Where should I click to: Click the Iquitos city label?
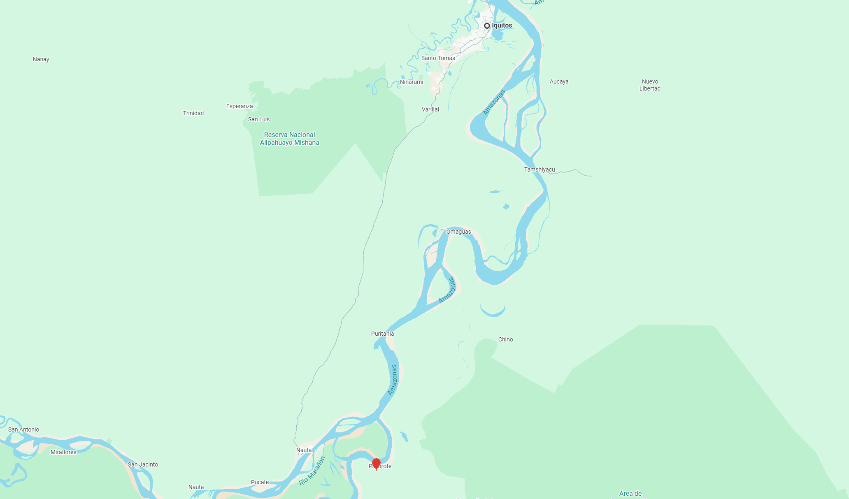pyautogui.click(x=502, y=26)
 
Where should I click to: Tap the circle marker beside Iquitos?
pyautogui.click(x=487, y=26)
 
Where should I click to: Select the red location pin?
pyautogui.click(x=376, y=464)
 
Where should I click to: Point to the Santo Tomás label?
pyautogui.click(x=438, y=58)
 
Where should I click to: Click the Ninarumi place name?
pyautogui.click(x=412, y=82)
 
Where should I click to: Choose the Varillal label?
pyautogui.click(x=430, y=109)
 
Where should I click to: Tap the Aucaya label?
pyautogui.click(x=559, y=81)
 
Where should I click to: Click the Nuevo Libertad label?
pyautogui.click(x=650, y=85)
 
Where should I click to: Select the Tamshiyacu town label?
pyautogui.click(x=539, y=169)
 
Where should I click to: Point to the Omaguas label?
pyautogui.click(x=458, y=232)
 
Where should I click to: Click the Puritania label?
pyautogui.click(x=382, y=334)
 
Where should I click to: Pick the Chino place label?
pyautogui.click(x=505, y=339)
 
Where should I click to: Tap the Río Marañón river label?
pyautogui.click(x=312, y=471)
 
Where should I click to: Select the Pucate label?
pyautogui.click(x=260, y=482)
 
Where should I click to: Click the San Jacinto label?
pyautogui.click(x=143, y=464)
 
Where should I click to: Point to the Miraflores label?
pyautogui.click(x=63, y=452)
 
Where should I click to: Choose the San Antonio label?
pyautogui.click(x=23, y=429)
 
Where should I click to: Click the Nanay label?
pyautogui.click(x=41, y=59)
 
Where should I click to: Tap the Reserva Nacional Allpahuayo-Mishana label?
pyautogui.click(x=289, y=139)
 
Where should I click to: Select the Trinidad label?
pyautogui.click(x=193, y=113)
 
